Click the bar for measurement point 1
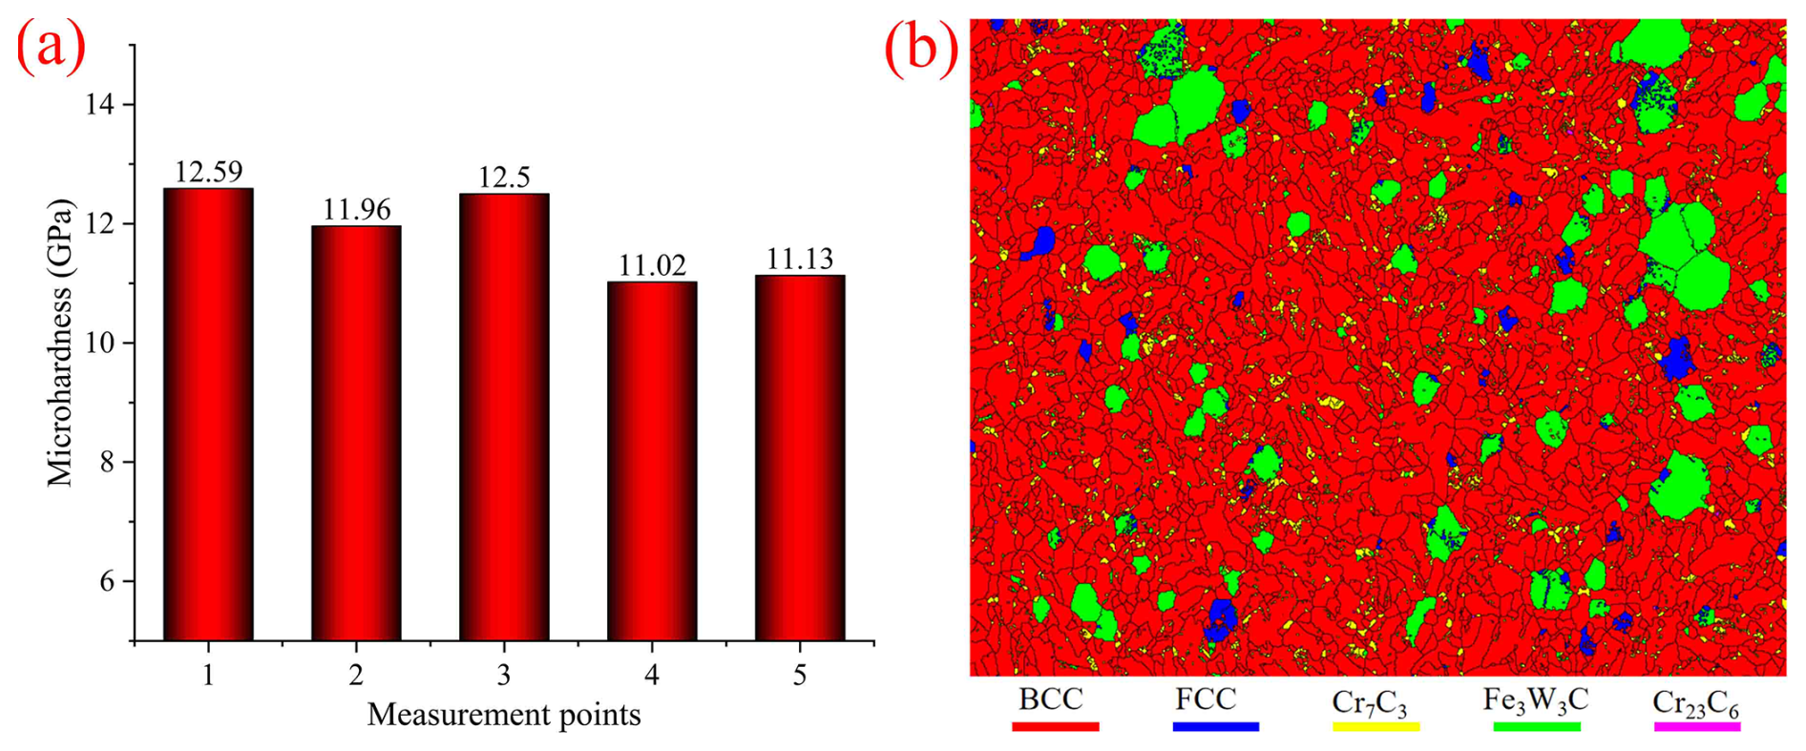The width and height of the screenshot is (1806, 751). tap(208, 414)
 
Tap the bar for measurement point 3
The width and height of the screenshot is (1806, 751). tap(504, 416)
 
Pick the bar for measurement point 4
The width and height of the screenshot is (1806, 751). tap(652, 461)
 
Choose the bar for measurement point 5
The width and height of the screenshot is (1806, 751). tap(800, 457)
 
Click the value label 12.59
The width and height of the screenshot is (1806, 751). tap(208, 172)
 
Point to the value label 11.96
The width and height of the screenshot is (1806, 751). tap(356, 209)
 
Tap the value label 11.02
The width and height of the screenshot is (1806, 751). tap(652, 265)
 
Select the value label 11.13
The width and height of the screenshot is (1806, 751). tap(800, 259)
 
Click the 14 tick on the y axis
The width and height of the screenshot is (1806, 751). tap(99, 104)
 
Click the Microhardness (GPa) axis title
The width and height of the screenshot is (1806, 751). tap(60, 343)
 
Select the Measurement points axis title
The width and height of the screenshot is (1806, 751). tap(504, 715)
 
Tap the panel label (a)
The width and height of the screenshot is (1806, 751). tap(51, 46)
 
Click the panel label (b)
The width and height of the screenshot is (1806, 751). tap(920, 46)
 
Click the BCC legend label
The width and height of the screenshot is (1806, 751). tap(1050, 699)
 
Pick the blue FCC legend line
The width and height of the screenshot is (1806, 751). tap(1215, 726)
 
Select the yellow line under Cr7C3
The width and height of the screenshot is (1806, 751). tap(1375, 726)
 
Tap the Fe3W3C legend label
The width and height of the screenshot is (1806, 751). tap(1535, 701)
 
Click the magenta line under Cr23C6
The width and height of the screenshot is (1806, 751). tap(1696, 726)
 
